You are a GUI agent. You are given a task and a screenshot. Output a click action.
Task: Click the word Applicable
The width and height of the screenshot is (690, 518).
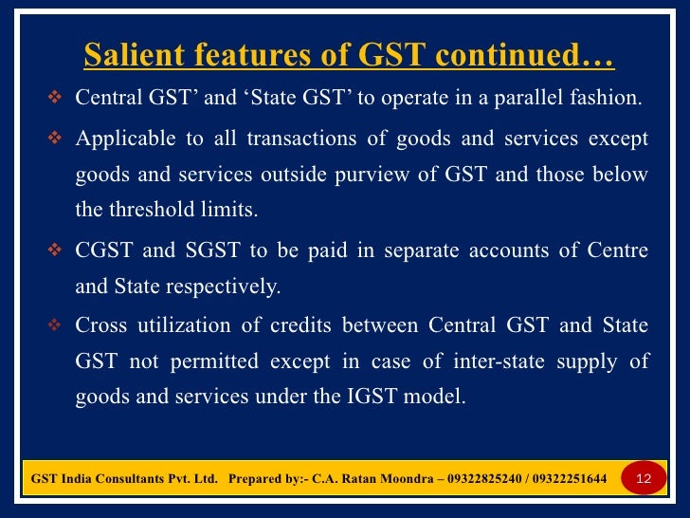pyautogui.click(x=125, y=139)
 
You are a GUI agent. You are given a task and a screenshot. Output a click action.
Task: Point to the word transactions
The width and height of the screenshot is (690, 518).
pyautogui.click(x=301, y=139)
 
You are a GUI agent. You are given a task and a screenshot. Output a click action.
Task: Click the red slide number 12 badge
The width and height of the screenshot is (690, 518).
pyautogui.click(x=643, y=478)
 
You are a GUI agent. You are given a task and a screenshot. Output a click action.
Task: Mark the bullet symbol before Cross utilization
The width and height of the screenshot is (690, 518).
pyautogui.click(x=54, y=326)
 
